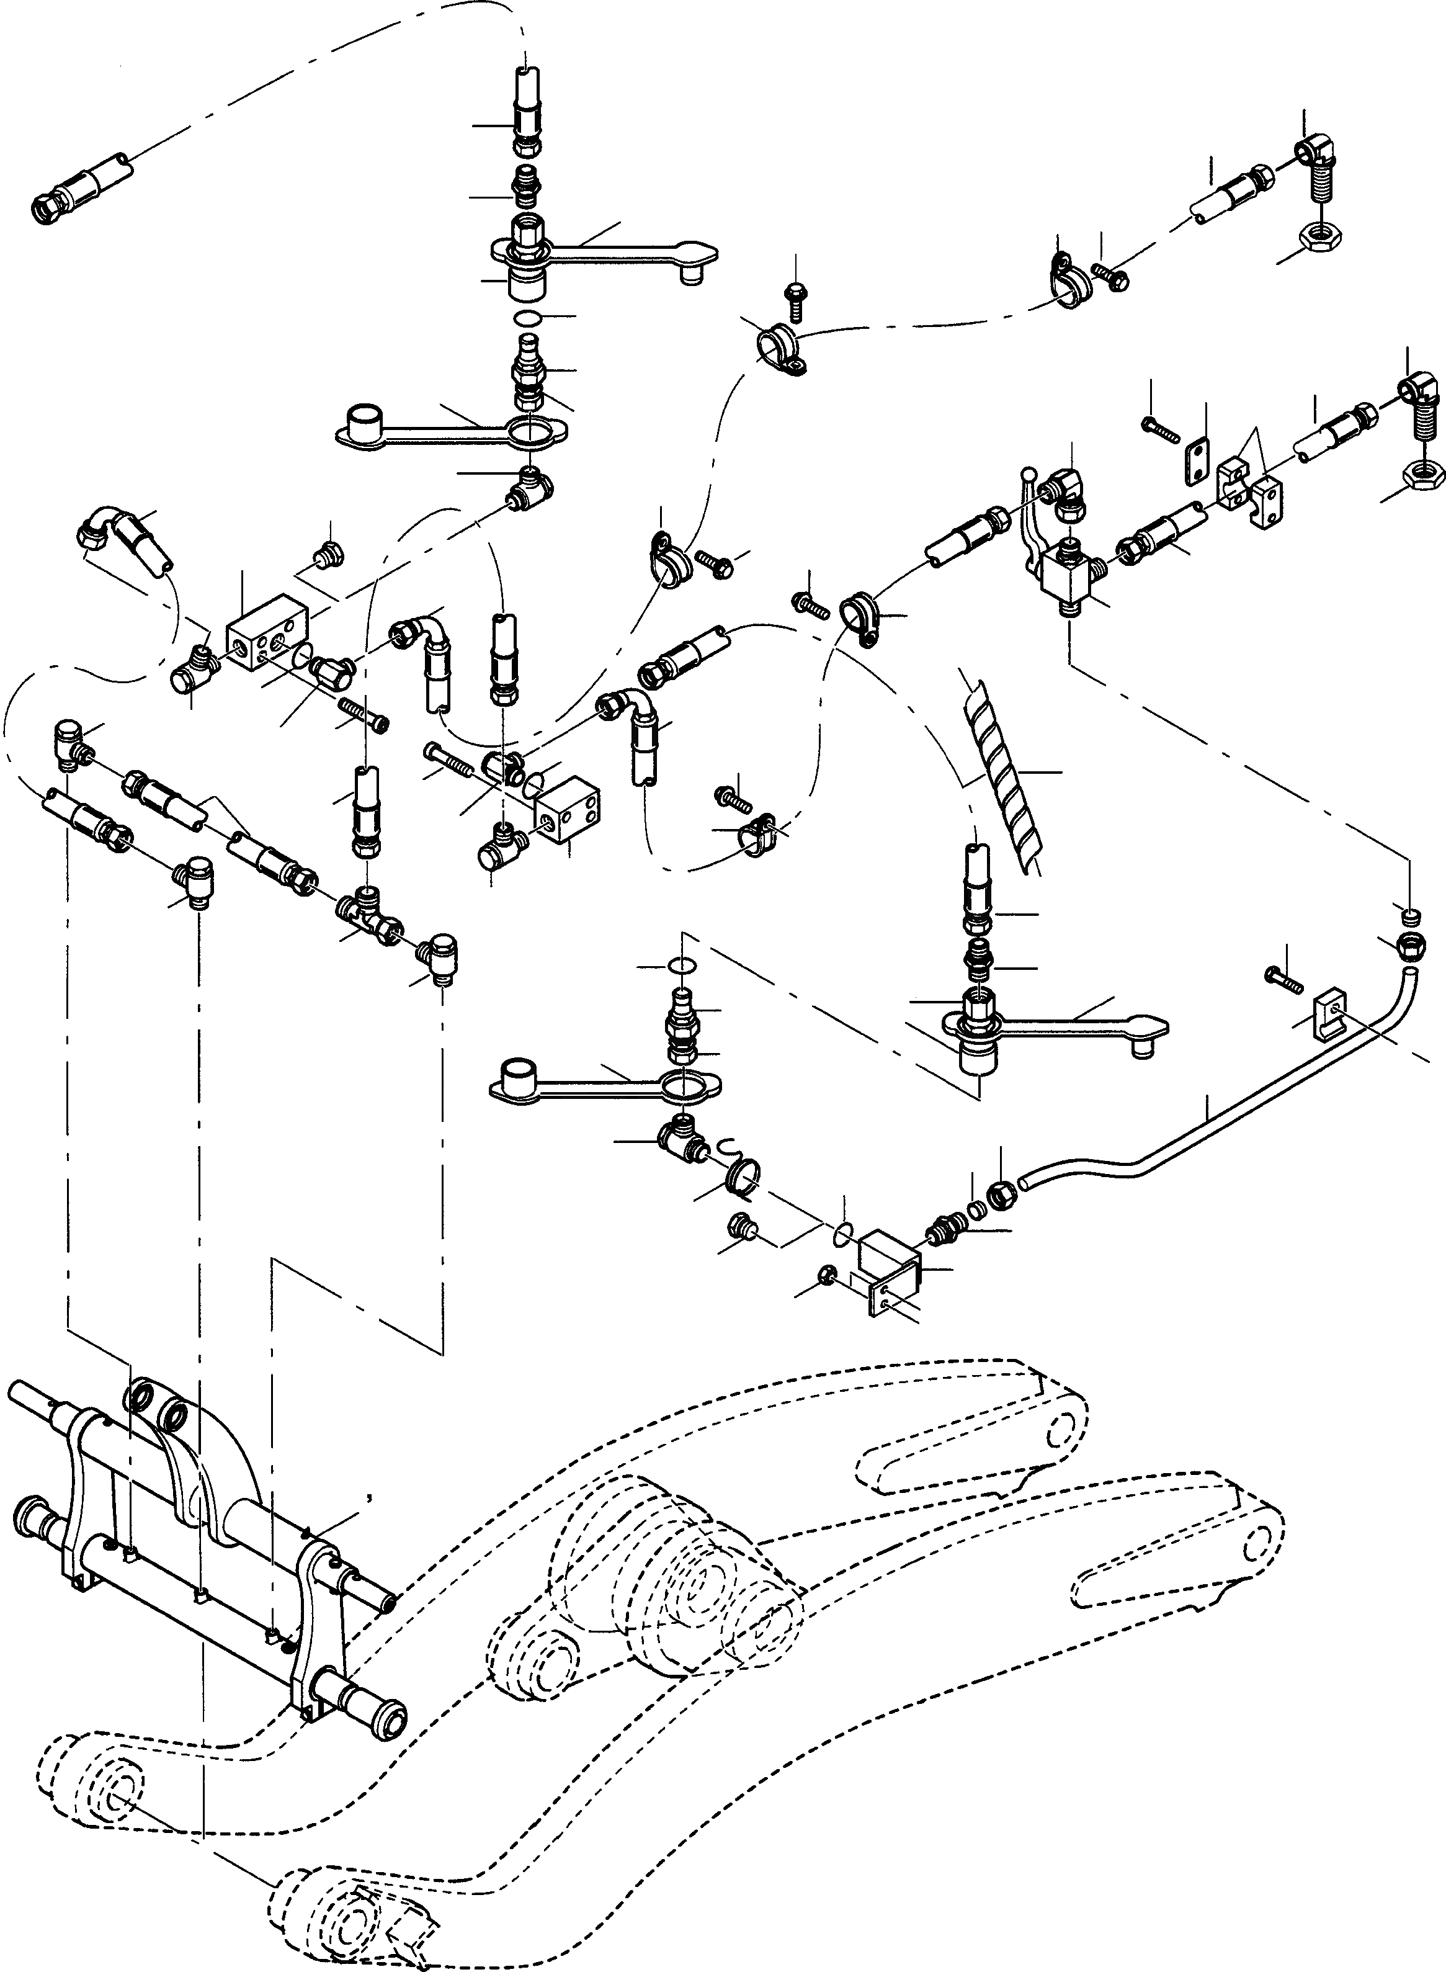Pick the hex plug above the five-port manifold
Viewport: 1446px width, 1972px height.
point(330,554)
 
